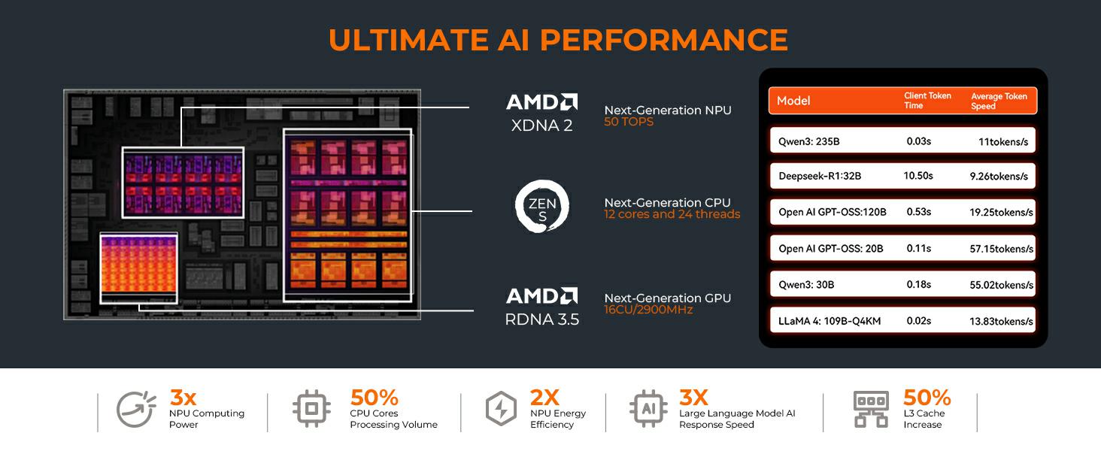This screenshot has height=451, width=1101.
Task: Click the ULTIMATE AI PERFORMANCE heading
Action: pyautogui.click(x=558, y=40)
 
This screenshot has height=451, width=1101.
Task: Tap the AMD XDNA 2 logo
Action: pyautogui.click(x=541, y=112)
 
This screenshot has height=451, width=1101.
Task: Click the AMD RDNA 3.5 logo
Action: pyautogui.click(x=542, y=306)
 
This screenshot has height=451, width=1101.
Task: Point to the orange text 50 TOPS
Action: pyautogui.click(x=629, y=122)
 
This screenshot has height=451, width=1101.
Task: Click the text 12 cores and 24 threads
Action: pyautogui.click(x=672, y=214)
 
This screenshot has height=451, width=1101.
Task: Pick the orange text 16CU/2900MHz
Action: pyautogui.click(x=648, y=310)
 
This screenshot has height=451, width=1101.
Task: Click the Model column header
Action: pyautogui.click(x=793, y=101)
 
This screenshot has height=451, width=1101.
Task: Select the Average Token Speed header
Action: pyautogui.click(x=999, y=101)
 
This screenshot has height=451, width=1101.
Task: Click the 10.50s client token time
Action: pyautogui.click(x=917, y=176)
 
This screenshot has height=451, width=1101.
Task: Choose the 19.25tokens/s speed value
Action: pyautogui.click(x=1001, y=213)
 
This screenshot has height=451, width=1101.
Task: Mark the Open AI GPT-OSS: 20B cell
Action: pyautogui.click(x=830, y=249)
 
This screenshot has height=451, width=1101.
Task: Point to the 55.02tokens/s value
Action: pyautogui.click(x=1001, y=285)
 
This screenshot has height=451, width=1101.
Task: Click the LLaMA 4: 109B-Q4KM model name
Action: pyautogui.click(x=830, y=321)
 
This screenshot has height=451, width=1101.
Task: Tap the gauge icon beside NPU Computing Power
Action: pyautogui.click(x=135, y=410)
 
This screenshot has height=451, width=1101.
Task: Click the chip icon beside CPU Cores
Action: pyautogui.click(x=311, y=410)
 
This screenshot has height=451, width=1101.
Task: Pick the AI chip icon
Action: pyautogui.click(x=648, y=410)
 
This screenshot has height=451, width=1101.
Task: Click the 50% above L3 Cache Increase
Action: pyautogui.click(x=927, y=398)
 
